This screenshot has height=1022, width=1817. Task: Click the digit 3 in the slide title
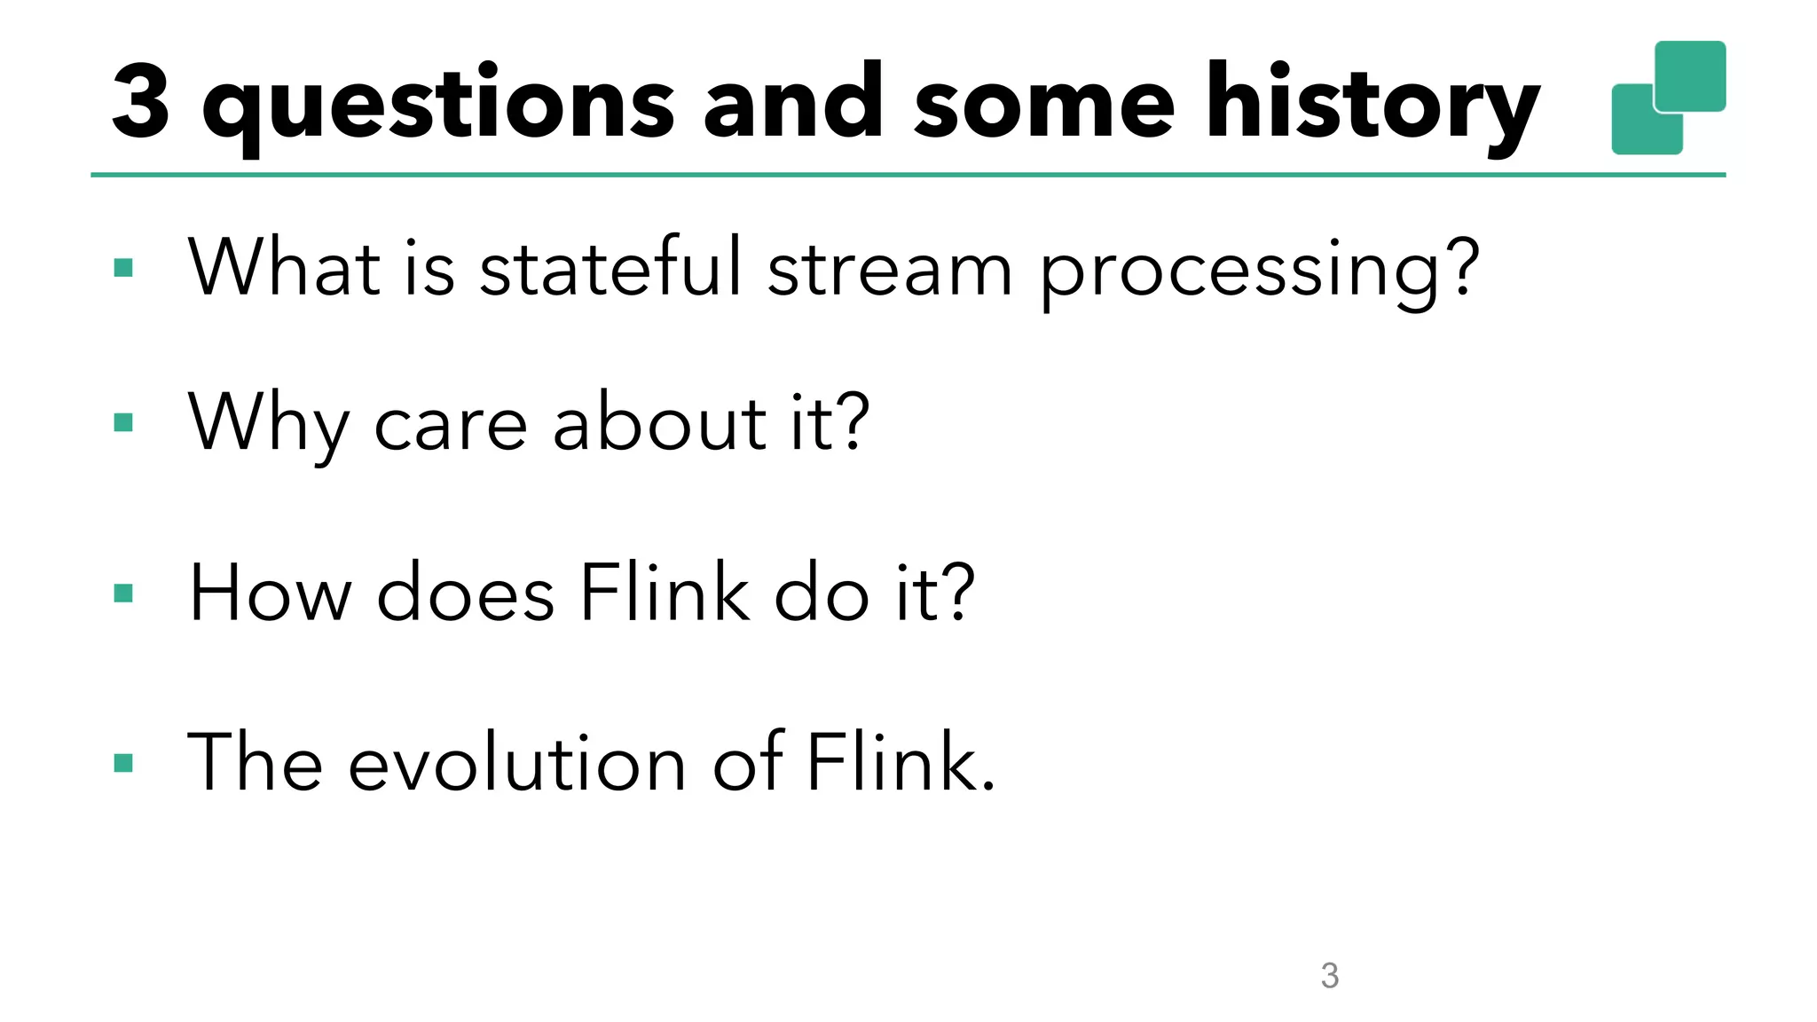point(141,102)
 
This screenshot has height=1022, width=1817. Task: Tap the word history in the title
point(1372,105)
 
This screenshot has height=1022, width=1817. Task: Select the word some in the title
point(1044,105)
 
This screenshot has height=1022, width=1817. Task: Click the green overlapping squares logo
point(1668,98)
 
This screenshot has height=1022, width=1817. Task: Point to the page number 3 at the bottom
point(1329,976)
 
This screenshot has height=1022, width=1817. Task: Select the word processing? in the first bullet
point(1259,271)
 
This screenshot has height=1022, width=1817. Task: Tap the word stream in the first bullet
point(889,268)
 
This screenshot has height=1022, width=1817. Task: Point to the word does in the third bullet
point(466,593)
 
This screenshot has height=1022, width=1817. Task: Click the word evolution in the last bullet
point(517,762)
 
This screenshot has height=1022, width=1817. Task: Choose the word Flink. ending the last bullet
point(900,761)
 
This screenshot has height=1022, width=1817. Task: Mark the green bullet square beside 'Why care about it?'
point(123,422)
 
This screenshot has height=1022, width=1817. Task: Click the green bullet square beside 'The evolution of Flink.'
point(123,763)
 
